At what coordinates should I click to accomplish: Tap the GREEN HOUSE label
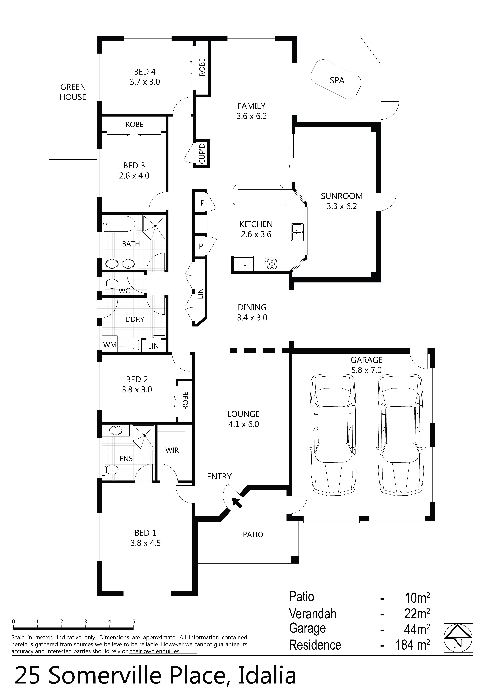[x=73, y=92]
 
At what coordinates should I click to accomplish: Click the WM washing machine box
[x=110, y=345]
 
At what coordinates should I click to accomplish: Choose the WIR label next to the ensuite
[x=172, y=450]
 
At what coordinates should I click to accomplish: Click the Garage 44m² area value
[x=417, y=629]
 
